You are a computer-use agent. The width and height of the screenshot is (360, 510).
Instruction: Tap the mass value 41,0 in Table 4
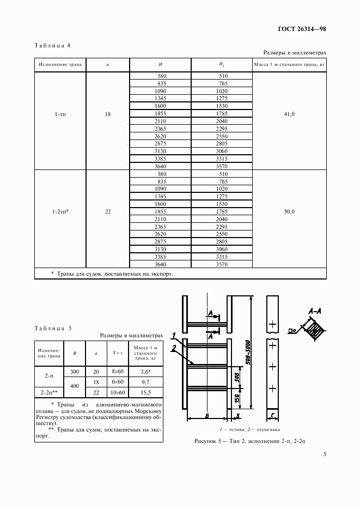click(289, 114)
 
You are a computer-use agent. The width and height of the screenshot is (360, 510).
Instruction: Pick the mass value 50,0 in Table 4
click(289, 212)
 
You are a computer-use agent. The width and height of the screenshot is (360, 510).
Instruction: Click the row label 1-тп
click(60, 114)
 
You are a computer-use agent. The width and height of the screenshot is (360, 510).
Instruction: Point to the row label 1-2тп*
click(60, 212)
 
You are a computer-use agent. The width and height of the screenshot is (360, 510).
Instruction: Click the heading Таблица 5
click(52, 328)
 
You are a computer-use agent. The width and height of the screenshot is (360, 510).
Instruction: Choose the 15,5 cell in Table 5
click(145, 392)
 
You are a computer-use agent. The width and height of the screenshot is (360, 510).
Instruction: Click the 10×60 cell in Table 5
click(118, 392)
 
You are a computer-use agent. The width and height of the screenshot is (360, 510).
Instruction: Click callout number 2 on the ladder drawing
click(173, 347)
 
